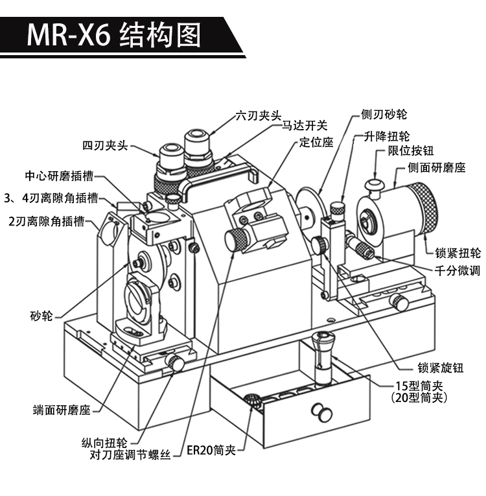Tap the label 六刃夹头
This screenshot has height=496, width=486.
tap(258, 116)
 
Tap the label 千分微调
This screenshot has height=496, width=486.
tap(457, 270)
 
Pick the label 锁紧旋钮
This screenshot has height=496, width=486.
tap(441, 367)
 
